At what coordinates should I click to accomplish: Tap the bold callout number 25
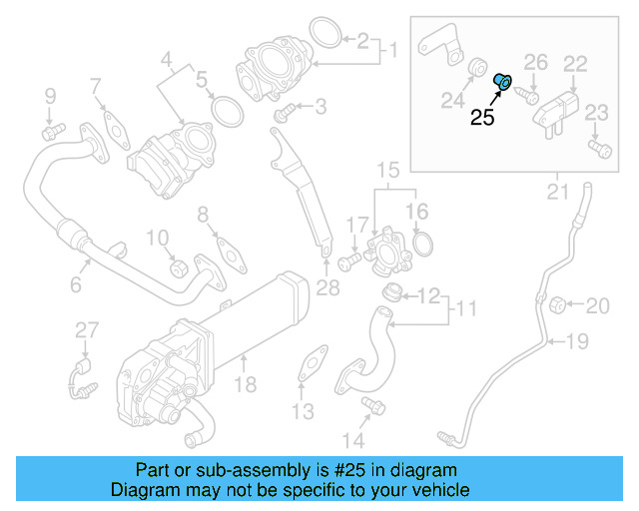point(482,118)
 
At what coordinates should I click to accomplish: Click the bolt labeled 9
point(51,130)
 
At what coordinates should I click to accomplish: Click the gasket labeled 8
point(231,255)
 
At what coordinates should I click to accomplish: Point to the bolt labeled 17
point(347,262)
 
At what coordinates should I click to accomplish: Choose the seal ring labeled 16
point(422,244)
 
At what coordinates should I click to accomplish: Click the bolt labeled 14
point(374,405)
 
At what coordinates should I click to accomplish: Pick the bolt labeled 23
point(599,150)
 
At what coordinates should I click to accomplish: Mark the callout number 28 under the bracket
point(327,289)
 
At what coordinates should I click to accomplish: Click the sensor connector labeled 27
point(79,378)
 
